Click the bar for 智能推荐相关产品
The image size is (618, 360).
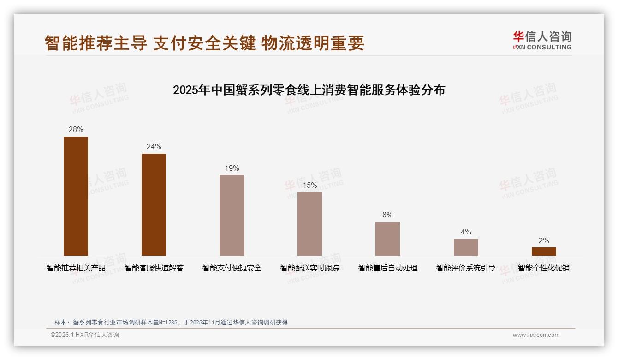pos(76,196)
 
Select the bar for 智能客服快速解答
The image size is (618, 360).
pos(154,204)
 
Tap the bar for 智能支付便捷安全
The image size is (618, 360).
pos(232,215)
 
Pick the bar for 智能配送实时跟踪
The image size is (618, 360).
pos(309,224)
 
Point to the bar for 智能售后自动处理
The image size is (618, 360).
pos(387,239)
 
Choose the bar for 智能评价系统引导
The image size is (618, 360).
pos(466,247)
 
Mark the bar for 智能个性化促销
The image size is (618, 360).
pos(544,252)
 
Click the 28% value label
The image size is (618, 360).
pos(76,130)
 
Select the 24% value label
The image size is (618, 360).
pos(154,147)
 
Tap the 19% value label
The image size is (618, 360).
pos(232,168)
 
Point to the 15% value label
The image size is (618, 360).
pos(309,186)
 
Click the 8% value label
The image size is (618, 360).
pos(387,215)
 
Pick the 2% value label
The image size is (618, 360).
pos(544,241)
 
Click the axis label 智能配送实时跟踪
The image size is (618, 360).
pos(309,268)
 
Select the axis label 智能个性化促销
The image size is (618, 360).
pos(544,268)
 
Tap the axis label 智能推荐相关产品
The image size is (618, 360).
pos(76,268)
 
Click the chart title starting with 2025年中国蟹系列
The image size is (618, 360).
pos(309,90)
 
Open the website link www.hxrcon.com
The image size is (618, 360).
pos(536,335)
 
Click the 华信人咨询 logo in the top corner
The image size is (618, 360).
pos(542,40)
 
